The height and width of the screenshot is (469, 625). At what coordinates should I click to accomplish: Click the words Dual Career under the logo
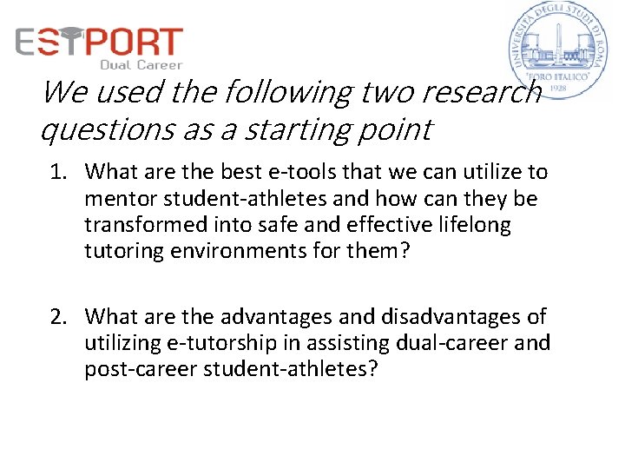point(141,64)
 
